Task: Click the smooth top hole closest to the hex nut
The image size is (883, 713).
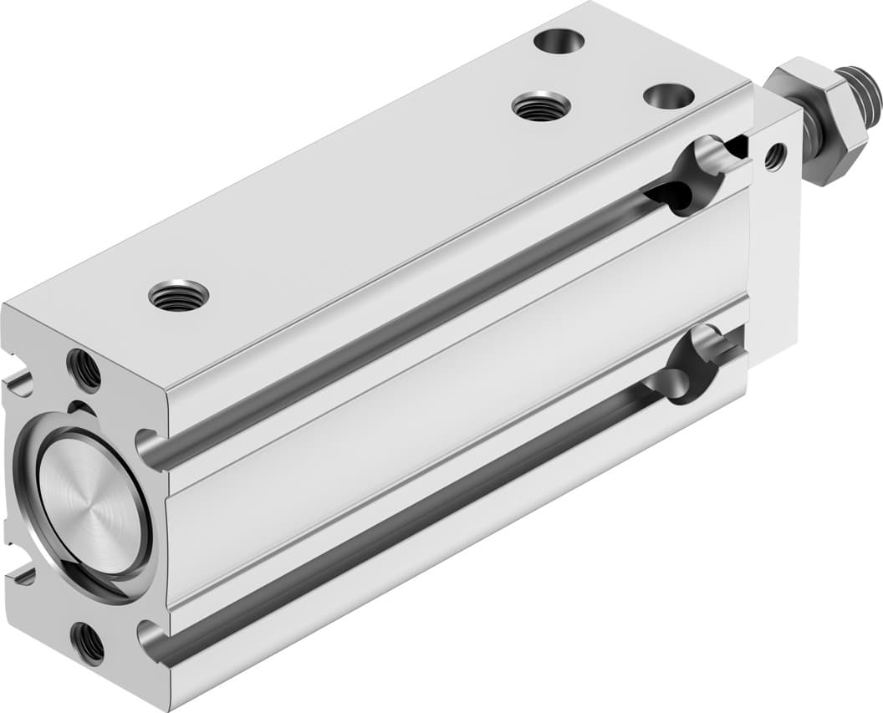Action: pyautogui.click(x=669, y=95)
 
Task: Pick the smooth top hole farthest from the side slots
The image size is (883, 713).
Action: pyautogui.click(x=559, y=40)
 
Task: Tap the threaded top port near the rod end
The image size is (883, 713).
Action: pyautogui.click(x=541, y=106)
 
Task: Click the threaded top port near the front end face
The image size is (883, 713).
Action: pyautogui.click(x=178, y=295)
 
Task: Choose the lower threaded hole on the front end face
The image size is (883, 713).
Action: pyautogui.click(x=88, y=643)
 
